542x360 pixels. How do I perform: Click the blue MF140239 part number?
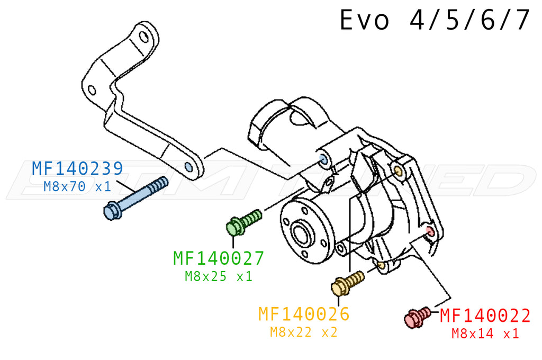(77, 168)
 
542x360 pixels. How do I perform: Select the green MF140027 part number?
(218, 258)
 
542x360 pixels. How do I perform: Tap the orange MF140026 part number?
(304, 314)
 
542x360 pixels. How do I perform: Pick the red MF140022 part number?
(485, 316)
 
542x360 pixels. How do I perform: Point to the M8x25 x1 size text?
(218, 276)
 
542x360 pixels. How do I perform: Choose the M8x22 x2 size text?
(304, 332)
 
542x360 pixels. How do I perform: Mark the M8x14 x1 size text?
(485, 334)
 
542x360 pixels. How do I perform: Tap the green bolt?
(243, 222)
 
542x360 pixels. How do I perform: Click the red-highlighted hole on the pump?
(429, 231)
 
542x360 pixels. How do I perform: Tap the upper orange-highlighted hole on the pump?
(398, 170)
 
